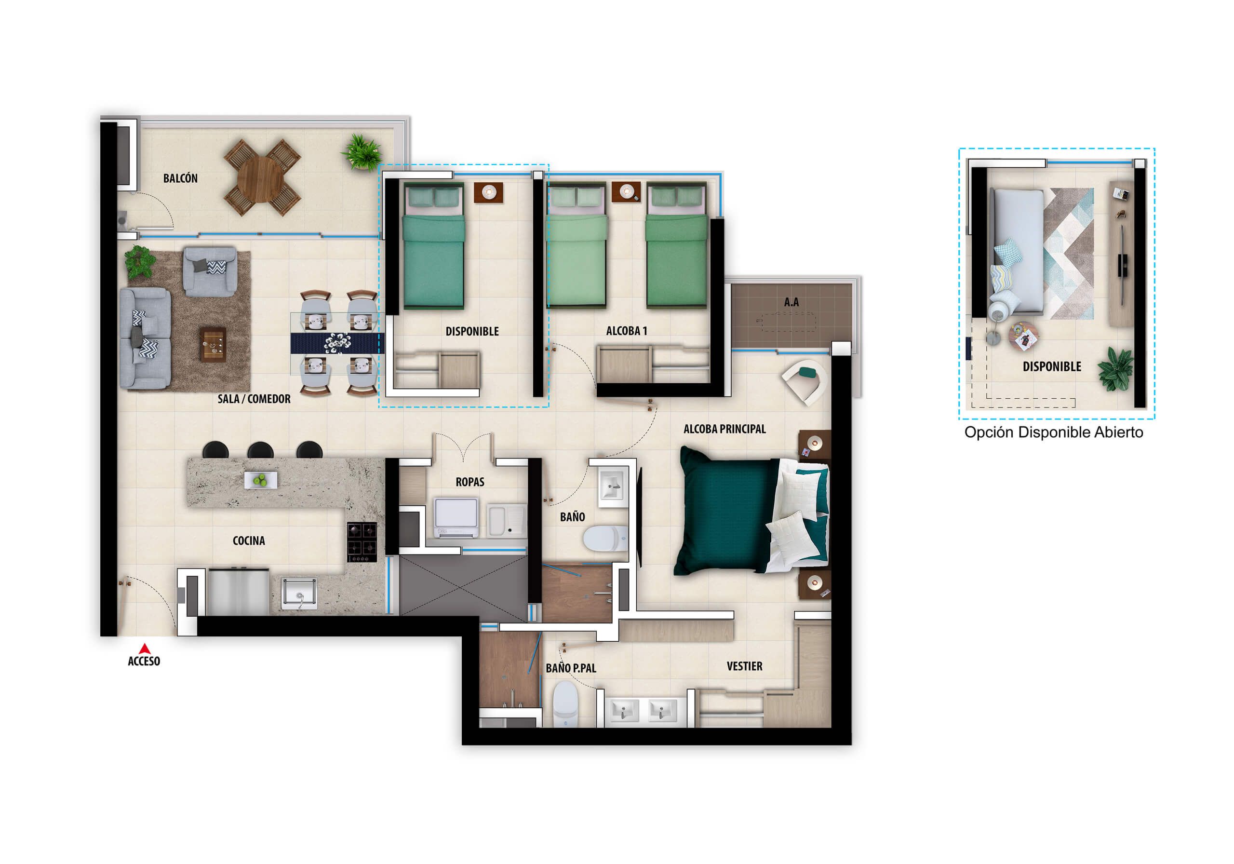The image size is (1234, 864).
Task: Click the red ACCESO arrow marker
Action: pyautogui.click(x=144, y=648)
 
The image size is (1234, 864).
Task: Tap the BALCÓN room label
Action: pyautogui.click(x=180, y=178)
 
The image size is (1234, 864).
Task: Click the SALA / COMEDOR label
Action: pyautogui.click(x=254, y=399)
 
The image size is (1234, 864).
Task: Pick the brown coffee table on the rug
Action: pyautogui.click(x=213, y=344)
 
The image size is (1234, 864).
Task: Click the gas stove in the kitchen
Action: pyautogui.click(x=362, y=541)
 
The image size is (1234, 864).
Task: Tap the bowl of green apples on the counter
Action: pyautogui.click(x=261, y=480)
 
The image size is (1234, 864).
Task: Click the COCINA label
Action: pyautogui.click(x=248, y=541)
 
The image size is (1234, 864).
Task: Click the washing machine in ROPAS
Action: pyautogui.click(x=456, y=517)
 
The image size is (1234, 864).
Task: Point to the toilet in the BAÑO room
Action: pyautogui.click(x=604, y=538)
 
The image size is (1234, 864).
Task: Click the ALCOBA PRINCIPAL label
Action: pyautogui.click(x=724, y=429)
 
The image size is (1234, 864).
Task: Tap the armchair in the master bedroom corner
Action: pyautogui.click(x=805, y=379)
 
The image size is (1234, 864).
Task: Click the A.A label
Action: pyautogui.click(x=791, y=303)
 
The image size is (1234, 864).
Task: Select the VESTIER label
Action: pyautogui.click(x=744, y=667)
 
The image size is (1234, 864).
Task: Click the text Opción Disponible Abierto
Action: pyautogui.click(x=1053, y=432)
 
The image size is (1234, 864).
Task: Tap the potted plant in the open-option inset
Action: pyautogui.click(x=1116, y=367)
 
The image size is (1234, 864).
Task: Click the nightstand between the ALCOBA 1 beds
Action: pyautogui.click(x=626, y=192)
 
